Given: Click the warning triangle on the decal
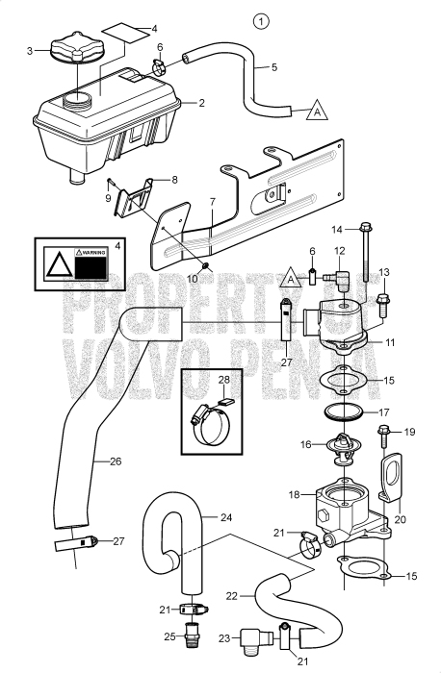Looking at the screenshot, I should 59,262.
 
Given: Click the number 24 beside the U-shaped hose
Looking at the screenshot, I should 227,517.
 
